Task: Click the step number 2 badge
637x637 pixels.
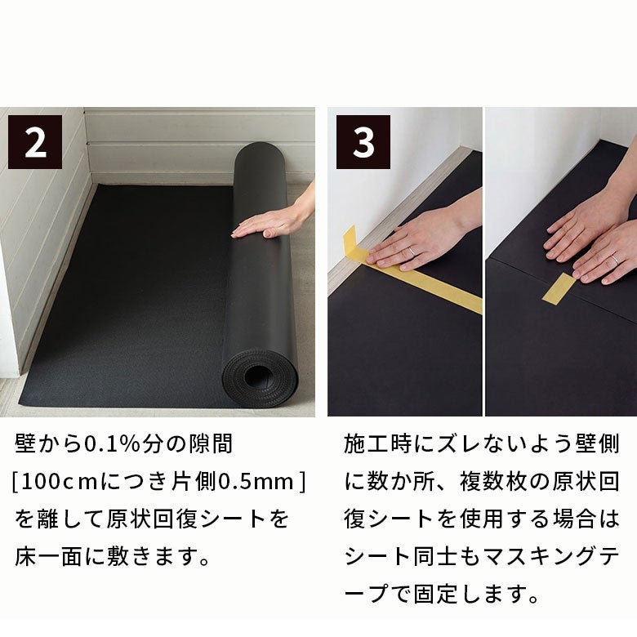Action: tap(35, 142)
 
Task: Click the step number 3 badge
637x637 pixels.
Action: tap(363, 142)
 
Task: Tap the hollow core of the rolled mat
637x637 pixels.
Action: tap(257, 376)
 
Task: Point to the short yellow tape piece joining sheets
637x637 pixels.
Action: tap(559, 288)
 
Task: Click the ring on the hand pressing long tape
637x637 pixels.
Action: tap(412, 251)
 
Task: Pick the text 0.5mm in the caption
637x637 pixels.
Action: tap(256, 482)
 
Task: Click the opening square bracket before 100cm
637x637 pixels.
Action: tap(16, 482)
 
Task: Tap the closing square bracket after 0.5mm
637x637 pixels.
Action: tap(302, 482)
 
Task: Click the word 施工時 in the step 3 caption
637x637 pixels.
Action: tap(378, 443)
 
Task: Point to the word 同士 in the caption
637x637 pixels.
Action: tap(436, 557)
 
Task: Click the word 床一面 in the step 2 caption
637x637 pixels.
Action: tap(49, 557)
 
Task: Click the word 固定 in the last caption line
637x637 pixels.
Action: tap(436, 595)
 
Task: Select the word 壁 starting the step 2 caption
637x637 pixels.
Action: tap(25, 443)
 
